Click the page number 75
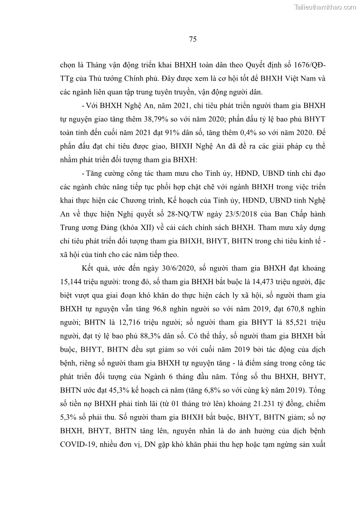click(192, 39)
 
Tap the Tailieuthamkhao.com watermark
click(325, 6)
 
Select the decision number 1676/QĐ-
click(307, 64)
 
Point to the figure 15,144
click(70, 282)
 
